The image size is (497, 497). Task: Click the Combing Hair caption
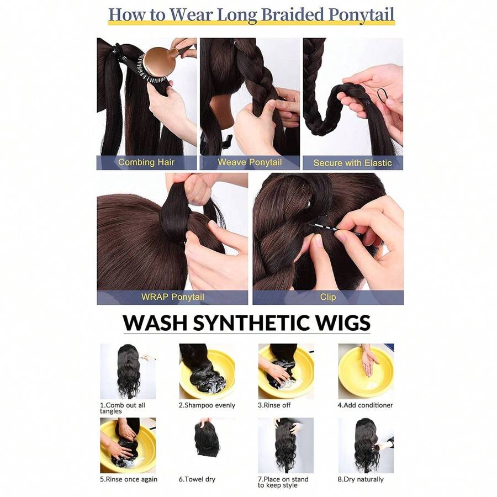pos(146,162)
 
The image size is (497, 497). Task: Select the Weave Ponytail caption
pos(250,162)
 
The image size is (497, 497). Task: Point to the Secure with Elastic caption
pos(352,163)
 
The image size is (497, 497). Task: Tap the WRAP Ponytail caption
pos(172,297)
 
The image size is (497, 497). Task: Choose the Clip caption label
pos(328,297)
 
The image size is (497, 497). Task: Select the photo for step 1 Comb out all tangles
pos(128,371)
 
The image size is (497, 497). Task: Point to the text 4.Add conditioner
pos(365,405)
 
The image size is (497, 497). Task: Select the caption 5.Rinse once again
pos(129,479)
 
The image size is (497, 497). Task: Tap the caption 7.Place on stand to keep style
pos(284,482)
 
